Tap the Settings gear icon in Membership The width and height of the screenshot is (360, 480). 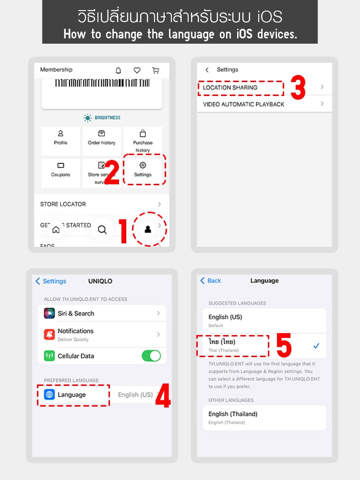(x=143, y=165)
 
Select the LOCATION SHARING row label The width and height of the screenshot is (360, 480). (x=230, y=88)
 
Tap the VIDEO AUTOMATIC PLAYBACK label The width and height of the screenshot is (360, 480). (x=243, y=104)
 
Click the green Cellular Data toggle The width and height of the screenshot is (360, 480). (x=151, y=356)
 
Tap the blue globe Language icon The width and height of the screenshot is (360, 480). (x=49, y=395)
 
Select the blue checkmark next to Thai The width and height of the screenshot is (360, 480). (x=316, y=346)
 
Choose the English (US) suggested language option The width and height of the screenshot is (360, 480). (x=226, y=317)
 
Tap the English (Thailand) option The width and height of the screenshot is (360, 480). (x=233, y=414)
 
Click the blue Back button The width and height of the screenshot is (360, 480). (x=211, y=281)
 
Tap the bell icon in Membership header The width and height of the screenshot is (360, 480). (x=119, y=71)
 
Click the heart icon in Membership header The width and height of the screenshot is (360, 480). (x=137, y=71)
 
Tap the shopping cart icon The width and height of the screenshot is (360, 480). (x=156, y=71)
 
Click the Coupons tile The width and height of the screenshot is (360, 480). (x=60, y=169)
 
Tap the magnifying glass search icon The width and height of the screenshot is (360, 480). (x=102, y=229)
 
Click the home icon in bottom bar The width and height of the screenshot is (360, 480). (x=56, y=229)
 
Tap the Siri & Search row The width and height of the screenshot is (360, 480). (x=102, y=313)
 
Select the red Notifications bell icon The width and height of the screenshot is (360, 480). (x=49, y=335)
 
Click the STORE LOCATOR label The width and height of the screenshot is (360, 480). (x=63, y=204)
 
